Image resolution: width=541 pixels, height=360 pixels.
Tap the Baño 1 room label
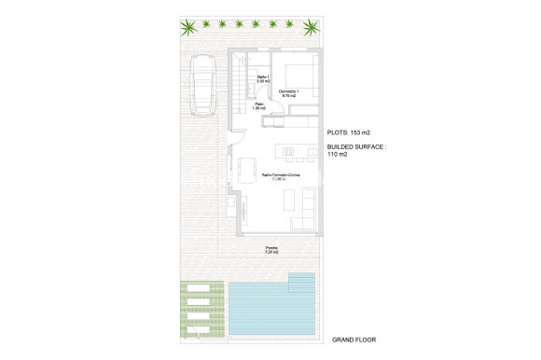[x=263, y=79]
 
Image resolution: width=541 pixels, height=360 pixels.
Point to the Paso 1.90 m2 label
[x=258, y=106]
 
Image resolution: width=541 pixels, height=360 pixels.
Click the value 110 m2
[x=338, y=155]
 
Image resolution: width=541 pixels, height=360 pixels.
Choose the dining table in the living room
[x=249, y=172]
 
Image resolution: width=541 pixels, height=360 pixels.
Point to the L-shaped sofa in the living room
[x=306, y=209]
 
